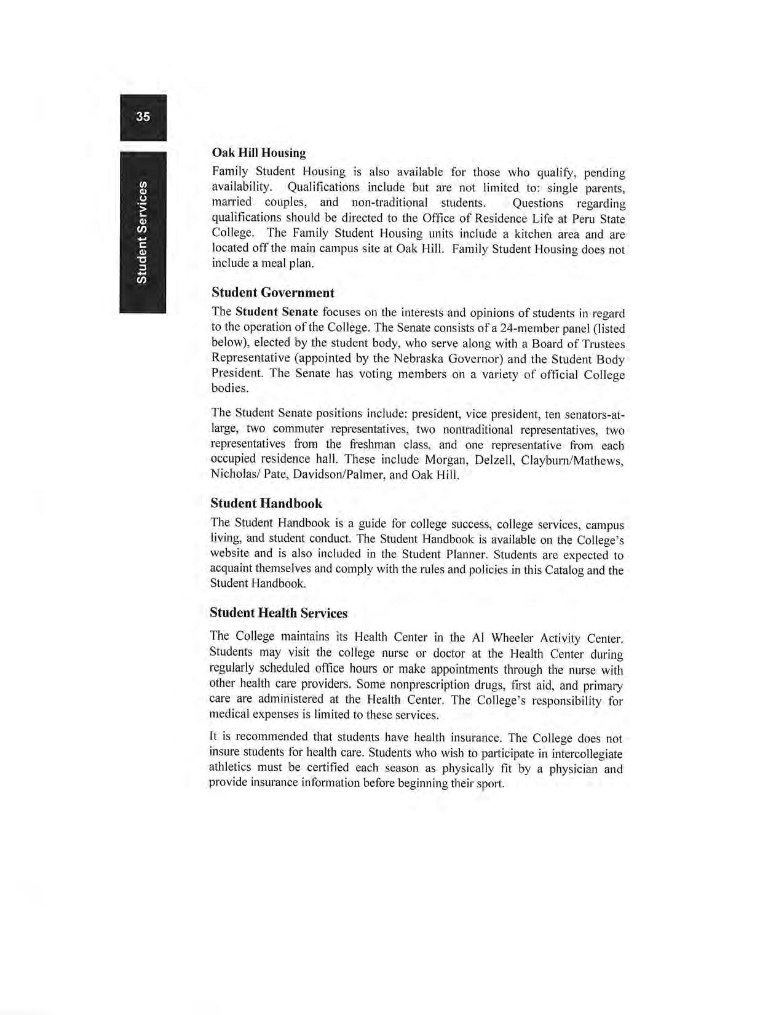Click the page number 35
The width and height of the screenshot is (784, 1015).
pyautogui.click(x=143, y=117)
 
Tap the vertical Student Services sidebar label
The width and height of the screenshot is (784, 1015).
pyautogui.click(x=142, y=232)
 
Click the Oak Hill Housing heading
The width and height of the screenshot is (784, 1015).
pyautogui.click(x=258, y=153)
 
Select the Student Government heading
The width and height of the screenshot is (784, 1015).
pyautogui.click(x=272, y=292)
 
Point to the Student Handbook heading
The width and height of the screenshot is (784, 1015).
pyautogui.click(x=266, y=503)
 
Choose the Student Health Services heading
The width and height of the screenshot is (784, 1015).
pyautogui.click(x=279, y=613)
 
